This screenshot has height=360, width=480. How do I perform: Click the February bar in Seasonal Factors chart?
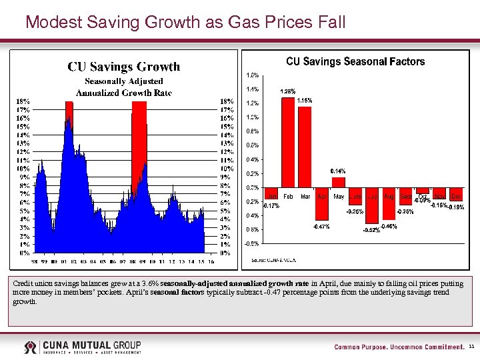coord(288,142)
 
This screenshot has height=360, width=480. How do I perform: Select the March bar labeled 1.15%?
coord(305,147)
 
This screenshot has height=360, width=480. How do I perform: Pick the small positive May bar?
coord(339,182)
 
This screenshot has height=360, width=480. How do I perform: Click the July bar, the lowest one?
coord(372,205)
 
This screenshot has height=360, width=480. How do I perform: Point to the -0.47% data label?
coord(321,227)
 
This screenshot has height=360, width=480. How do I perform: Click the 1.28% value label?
coord(288,91)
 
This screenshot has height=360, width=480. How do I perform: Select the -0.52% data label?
coord(371,231)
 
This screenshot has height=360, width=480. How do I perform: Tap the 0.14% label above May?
coord(338,171)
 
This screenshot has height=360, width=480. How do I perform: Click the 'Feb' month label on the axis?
coord(288,197)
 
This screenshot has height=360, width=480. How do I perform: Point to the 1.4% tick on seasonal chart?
coord(253,89)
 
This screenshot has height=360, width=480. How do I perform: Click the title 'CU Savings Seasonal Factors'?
coord(355,62)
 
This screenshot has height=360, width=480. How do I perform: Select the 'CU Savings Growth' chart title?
coord(123,67)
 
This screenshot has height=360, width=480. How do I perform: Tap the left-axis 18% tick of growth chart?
coord(23,101)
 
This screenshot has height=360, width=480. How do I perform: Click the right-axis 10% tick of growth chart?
coord(227,169)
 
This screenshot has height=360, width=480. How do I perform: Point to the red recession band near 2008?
coord(139,140)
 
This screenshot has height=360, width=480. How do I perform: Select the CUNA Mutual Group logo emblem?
coord(31,347)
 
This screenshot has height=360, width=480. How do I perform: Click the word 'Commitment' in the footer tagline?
coord(438,347)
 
